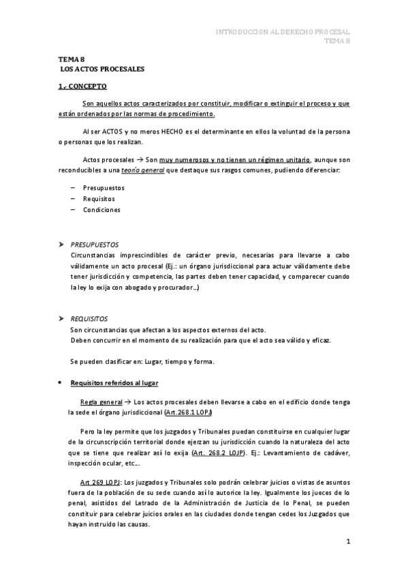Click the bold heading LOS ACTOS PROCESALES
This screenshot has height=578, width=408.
[x=102, y=70]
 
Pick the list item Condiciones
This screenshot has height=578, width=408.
[x=101, y=210]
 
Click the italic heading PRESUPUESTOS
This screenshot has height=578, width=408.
[x=95, y=244]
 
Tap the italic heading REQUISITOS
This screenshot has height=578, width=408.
[x=89, y=318]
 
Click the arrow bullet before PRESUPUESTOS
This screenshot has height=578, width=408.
[x=61, y=244]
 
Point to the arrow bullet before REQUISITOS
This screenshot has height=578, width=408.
[x=61, y=318]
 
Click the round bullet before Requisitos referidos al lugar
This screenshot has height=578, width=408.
[x=61, y=383]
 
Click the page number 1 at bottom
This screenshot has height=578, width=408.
[x=347, y=542]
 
